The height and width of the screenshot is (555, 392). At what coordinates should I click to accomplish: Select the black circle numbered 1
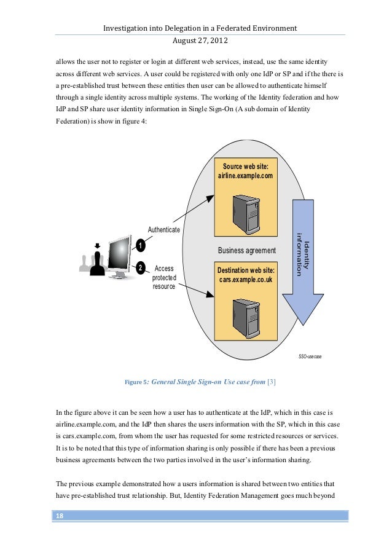140,246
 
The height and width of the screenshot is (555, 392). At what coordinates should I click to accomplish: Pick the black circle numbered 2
140,268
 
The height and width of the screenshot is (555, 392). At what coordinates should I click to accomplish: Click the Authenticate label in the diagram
163,230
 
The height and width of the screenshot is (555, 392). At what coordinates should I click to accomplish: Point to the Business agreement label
247,251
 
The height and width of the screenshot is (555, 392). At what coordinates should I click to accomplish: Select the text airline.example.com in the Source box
245,176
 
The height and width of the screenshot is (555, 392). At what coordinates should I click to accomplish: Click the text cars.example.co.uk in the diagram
245,280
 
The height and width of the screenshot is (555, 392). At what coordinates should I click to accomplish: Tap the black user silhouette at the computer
96,263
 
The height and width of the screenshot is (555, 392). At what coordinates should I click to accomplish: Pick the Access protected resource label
164,277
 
